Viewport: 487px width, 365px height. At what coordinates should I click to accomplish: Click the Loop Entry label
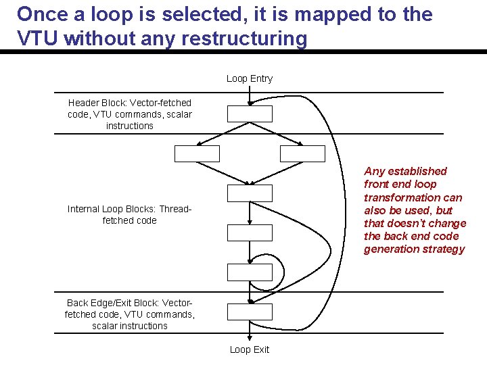[249, 78]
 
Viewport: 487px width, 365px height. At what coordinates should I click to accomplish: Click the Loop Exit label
[249, 349]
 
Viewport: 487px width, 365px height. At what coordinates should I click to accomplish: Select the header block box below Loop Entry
[250, 114]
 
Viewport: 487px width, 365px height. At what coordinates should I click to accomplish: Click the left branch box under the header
[197, 153]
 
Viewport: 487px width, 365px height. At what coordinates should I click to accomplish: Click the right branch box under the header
[302, 153]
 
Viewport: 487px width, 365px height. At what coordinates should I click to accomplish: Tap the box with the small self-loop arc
[250, 272]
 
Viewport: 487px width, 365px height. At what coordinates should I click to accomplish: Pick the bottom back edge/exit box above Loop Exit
[250, 312]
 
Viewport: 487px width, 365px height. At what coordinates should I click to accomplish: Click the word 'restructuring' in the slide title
[248, 39]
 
